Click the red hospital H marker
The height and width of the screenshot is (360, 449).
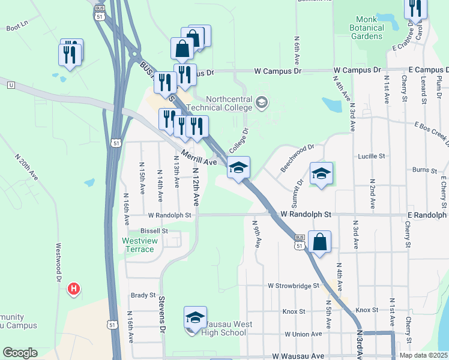click(73, 289)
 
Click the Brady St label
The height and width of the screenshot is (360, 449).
click(143, 295)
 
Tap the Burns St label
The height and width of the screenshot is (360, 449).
click(425, 170)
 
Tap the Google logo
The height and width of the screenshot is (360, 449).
click(20, 353)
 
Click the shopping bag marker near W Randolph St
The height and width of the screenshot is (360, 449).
click(320, 242)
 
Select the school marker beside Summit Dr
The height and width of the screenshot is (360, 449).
click(321, 174)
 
